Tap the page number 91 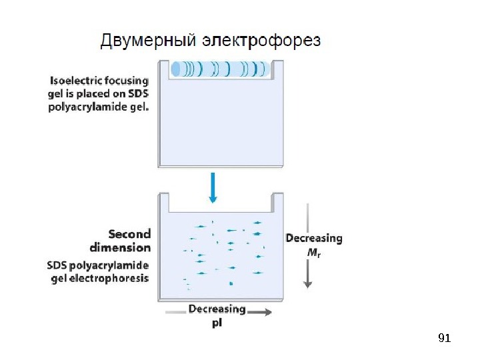pos(445,339)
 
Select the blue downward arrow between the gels pos(213,187)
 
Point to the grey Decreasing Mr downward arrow pos(307,247)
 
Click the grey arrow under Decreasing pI pos(220,312)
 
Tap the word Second pos(129,234)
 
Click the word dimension pos(120,247)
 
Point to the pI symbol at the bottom pos(217,323)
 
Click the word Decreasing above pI pos(217,309)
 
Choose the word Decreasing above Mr pos(314,237)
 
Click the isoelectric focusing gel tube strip pos(221,69)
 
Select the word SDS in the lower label pos(59,265)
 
